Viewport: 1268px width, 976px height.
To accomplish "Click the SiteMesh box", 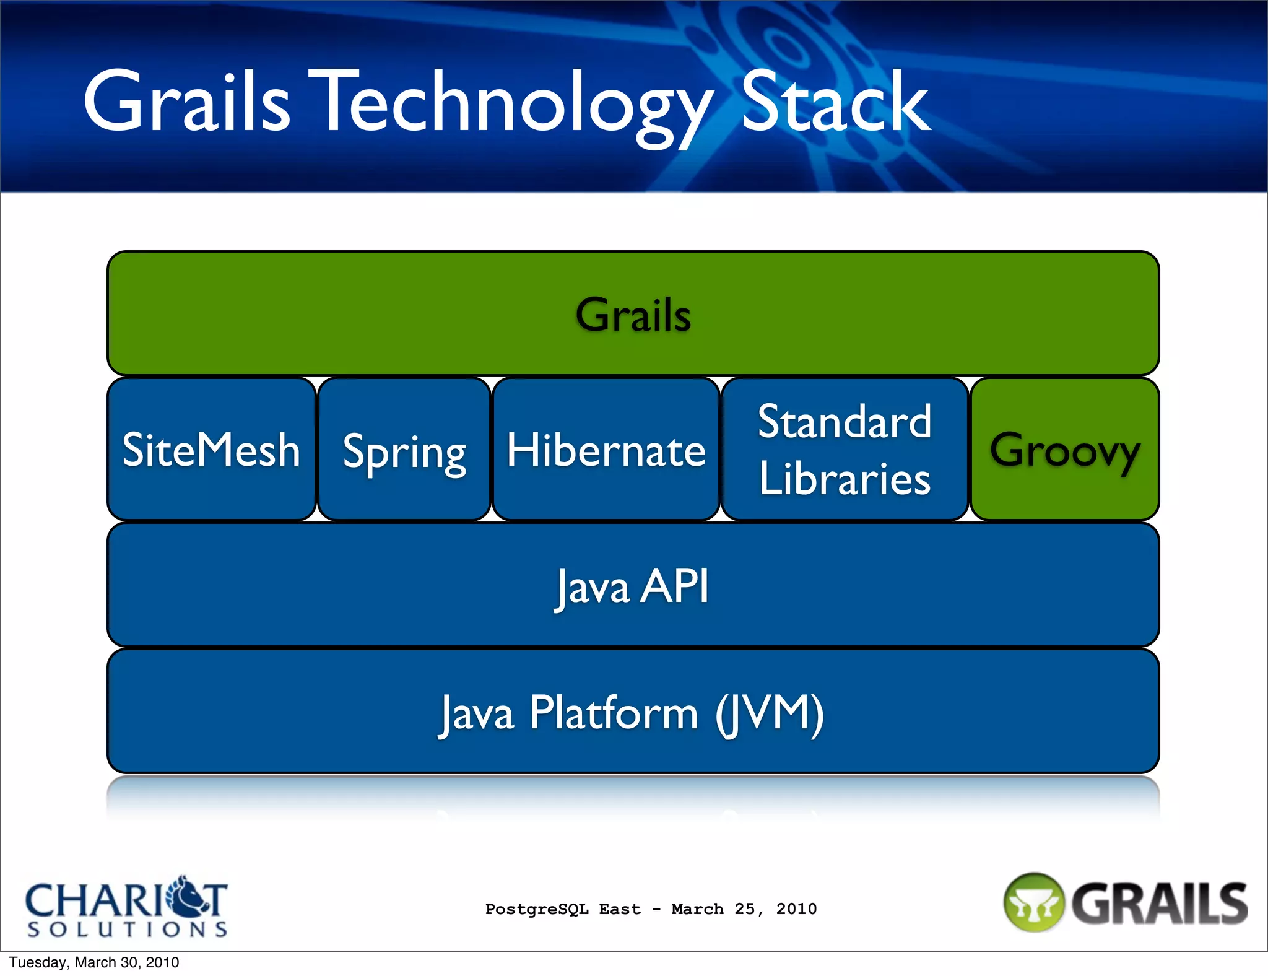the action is tap(211, 449).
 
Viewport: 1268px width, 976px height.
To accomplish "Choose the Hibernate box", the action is tap(606, 449).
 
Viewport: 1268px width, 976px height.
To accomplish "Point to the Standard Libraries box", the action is tap(845, 449).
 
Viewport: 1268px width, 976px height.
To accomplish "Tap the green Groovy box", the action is tap(1065, 449).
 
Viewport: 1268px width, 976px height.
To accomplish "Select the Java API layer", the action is tap(633, 585).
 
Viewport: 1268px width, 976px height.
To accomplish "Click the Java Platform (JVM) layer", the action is tap(633, 712).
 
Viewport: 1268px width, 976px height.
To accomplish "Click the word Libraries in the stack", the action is tap(845, 478).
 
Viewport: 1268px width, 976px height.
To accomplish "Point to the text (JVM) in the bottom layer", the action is tap(770, 713).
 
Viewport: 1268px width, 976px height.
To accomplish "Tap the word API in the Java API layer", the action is tap(675, 585).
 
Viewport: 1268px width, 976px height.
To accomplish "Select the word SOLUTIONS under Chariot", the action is tap(128, 929).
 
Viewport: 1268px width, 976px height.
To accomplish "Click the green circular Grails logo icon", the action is tap(1033, 903).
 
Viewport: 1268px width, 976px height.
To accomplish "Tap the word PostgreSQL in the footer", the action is tap(537, 909).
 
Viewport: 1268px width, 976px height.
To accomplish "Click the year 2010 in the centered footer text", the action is tap(796, 909).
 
